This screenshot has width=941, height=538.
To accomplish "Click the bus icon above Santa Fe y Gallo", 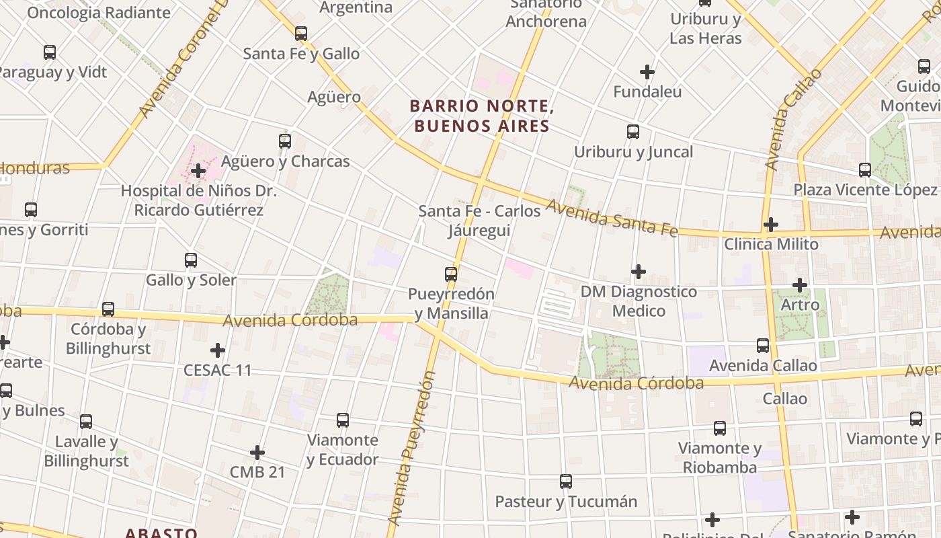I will point(301,33).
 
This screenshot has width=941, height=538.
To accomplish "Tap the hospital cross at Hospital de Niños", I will point(198,171).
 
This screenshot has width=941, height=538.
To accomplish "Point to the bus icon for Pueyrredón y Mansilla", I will point(451,274).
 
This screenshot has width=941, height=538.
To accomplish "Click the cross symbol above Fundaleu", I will point(647,71).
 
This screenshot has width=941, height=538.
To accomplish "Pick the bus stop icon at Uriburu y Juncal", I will point(633,131).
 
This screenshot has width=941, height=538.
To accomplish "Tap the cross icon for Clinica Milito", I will point(771,224).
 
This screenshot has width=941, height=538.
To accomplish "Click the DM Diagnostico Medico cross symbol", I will point(639,271).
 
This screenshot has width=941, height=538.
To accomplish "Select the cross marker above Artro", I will point(800,285).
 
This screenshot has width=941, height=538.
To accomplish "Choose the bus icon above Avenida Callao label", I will point(763,345).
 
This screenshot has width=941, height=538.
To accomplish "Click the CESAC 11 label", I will point(218,370).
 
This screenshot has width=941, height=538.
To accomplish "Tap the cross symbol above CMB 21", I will point(257,453).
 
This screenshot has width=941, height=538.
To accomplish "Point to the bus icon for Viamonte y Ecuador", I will point(343,420).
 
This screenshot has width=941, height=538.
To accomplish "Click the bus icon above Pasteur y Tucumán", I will point(566,482).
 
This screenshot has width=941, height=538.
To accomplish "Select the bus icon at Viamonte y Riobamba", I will point(720,428).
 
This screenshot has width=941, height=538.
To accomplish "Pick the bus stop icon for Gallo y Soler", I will point(191,260).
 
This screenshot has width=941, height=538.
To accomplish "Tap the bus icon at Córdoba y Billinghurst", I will point(108,309).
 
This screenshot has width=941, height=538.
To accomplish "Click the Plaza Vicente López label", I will point(864,190).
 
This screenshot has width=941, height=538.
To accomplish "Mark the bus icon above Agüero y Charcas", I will point(285,141).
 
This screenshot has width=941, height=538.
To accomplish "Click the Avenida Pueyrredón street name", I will point(411,449).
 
